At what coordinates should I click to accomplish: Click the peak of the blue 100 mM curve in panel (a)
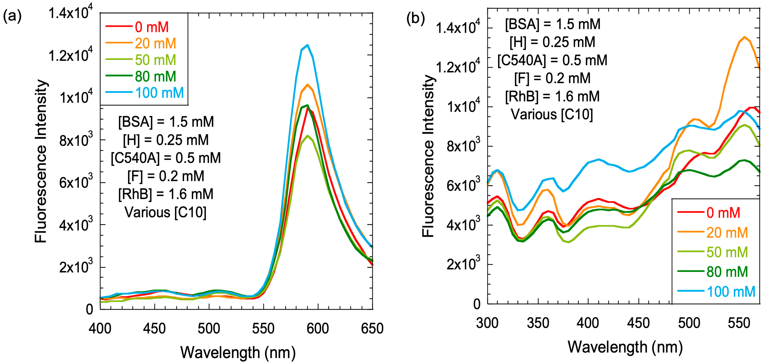(x=308, y=45)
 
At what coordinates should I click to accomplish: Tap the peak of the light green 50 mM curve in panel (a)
(x=308, y=136)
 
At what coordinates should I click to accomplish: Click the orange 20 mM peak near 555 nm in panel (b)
(x=744, y=37)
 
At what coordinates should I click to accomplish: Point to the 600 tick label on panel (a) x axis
(x=317, y=328)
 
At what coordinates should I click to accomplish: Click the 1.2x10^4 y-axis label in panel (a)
(x=70, y=55)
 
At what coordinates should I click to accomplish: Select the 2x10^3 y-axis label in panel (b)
(x=463, y=264)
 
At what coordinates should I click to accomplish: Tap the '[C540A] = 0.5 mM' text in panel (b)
(x=552, y=60)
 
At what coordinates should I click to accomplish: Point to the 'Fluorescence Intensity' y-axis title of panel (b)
(x=428, y=156)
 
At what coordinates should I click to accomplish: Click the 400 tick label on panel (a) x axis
(x=100, y=328)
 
